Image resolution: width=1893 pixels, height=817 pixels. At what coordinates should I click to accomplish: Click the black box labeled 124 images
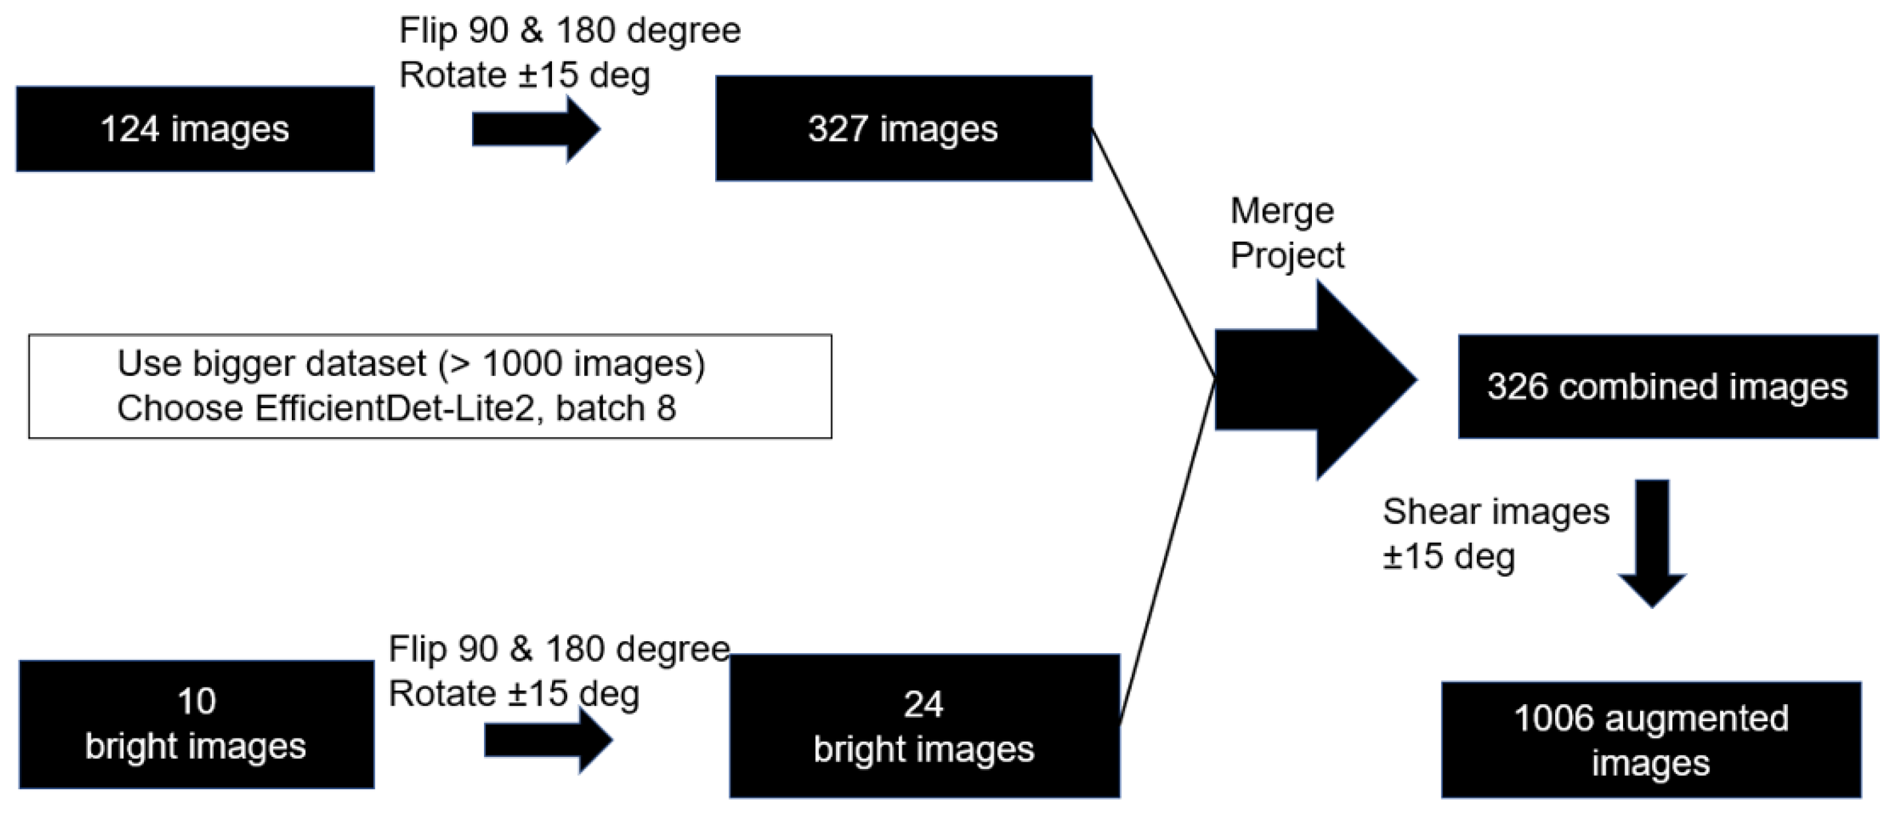pyautogui.click(x=195, y=129)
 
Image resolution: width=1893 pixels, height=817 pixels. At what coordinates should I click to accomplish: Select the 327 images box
pyautogui.click(x=903, y=129)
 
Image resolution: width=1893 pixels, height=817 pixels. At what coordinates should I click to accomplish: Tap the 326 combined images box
pyautogui.click(x=1667, y=387)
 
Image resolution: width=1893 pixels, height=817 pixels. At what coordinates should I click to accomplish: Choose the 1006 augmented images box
pyautogui.click(x=1651, y=740)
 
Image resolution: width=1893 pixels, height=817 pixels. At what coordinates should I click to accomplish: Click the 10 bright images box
pyautogui.click(x=195, y=725)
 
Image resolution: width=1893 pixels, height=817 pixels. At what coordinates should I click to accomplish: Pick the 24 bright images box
pyautogui.click(x=924, y=727)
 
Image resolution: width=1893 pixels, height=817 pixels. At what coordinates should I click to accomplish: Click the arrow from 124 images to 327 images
pyautogui.click(x=535, y=129)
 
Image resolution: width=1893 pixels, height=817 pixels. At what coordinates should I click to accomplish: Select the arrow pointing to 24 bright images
pyautogui.click(x=547, y=740)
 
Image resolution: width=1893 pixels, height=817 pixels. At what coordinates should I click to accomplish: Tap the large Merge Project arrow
pyautogui.click(x=1315, y=380)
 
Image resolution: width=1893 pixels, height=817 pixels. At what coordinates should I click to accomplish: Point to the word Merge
pyautogui.click(x=1282, y=212)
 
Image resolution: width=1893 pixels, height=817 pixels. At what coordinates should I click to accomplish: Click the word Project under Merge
pyautogui.click(x=1287, y=256)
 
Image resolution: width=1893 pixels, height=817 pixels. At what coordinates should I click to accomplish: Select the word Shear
pyautogui.click(x=1425, y=512)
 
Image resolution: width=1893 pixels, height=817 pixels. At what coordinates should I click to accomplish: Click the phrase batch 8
pyautogui.click(x=615, y=409)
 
